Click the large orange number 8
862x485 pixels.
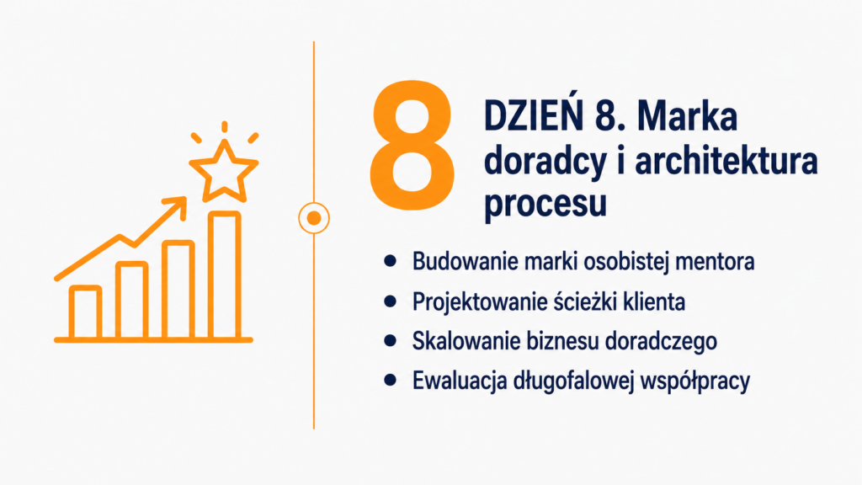tap(412, 145)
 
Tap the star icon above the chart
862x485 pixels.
tap(224, 170)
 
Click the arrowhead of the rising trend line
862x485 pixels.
tap(177, 207)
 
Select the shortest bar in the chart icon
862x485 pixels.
tap(85, 312)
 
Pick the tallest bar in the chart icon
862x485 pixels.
tap(224, 275)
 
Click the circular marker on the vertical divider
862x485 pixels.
tap(314, 218)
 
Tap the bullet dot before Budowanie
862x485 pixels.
tap(391, 261)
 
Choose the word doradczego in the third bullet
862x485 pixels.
tap(661, 342)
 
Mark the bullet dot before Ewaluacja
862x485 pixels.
tap(391, 380)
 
